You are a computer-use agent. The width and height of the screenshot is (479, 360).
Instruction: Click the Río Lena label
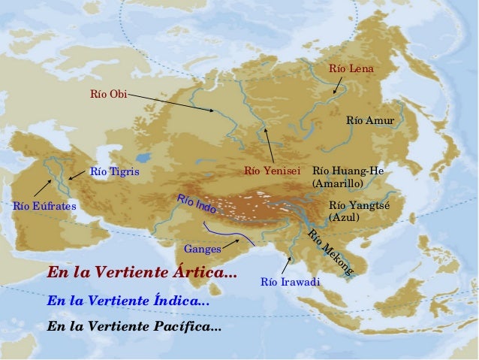351,69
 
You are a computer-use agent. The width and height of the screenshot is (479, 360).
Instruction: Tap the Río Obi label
108,94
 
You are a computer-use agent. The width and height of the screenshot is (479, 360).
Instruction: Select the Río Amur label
369,120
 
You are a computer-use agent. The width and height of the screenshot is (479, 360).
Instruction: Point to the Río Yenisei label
272,171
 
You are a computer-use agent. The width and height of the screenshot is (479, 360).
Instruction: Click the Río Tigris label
114,171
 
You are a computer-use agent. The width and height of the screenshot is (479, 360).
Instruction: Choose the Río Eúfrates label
45,204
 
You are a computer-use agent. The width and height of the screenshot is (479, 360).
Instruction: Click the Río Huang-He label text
348,171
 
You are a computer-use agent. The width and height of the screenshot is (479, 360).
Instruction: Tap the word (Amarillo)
337,183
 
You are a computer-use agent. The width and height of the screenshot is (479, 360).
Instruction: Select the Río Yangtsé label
354,205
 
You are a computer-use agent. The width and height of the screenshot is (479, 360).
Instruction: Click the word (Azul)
344,217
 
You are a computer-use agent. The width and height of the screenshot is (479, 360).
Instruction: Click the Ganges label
202,249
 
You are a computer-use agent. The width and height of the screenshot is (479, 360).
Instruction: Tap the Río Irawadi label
290,282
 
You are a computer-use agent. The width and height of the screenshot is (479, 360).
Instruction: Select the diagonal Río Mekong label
330,252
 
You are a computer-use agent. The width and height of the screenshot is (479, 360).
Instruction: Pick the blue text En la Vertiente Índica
128,300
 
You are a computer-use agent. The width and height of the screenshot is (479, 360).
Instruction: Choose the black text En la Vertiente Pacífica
134,327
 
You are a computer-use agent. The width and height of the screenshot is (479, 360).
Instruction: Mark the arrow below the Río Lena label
339,85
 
